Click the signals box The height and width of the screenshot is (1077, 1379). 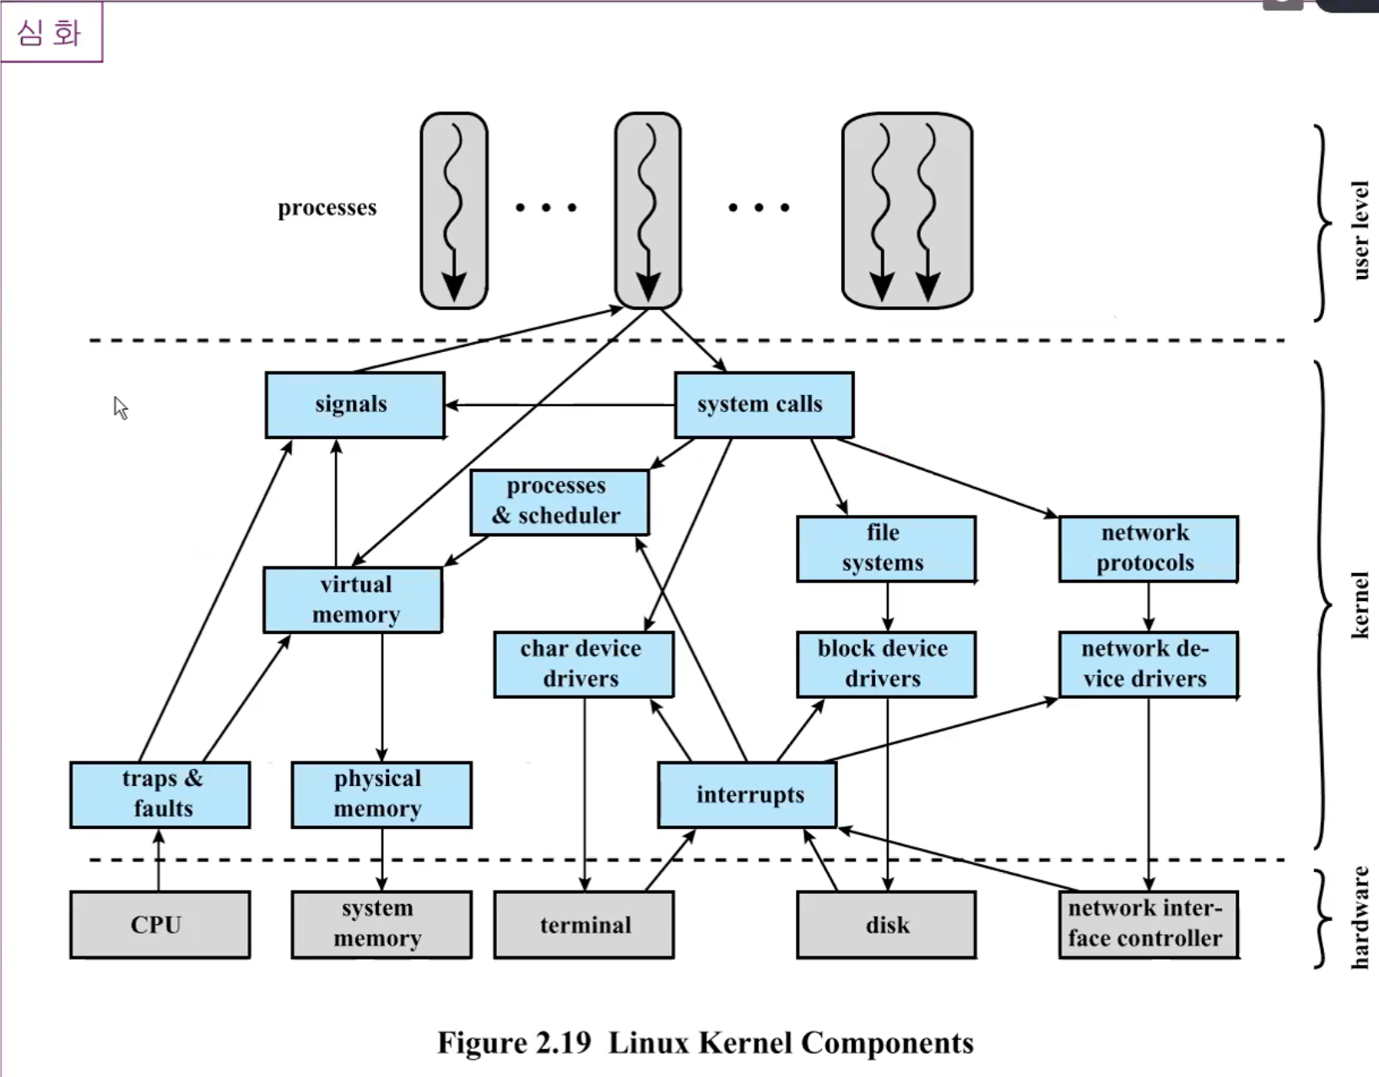pyautogui.click(x=354, y=405)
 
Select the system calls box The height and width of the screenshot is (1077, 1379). pyautogui.click(x=764, y=405)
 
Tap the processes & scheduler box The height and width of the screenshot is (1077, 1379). pyautogui.click(x=559, y=502)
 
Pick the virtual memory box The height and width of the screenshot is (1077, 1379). pyautogui.click(x=353, y=600)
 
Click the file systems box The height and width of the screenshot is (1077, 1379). pyautogui.click(x=886, y=549)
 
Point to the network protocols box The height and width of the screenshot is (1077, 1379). pyautogui.click(x=1149, y=549)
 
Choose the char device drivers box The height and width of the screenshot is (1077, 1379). pyautogui.click(x=583, y=664)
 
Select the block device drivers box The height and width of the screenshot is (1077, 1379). pyautogui.click(x=886, y=664)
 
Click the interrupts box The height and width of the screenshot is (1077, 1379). pyautogui.click(x=747, y=795)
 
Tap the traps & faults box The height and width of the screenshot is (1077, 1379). pyautogui.click(x=160, y=794)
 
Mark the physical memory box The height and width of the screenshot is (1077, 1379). pyautogui.click(x=381, y=794)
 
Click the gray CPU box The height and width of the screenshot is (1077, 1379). pyautogui.click(x=160, y=925)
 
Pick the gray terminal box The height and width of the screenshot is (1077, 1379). pyautogui.click(x=583, y=925)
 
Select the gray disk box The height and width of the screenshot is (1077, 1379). pyautogui.click(x=886, y=925)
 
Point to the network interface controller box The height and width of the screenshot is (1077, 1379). pyautogui.click(x=1149, y=925)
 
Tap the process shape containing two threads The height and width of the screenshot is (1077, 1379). pyautogui.click(x=907, y=210)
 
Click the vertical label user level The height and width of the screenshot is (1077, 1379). pyautogui.click(x=1360, y=230)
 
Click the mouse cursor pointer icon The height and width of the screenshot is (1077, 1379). pyautogui.click(x=120, y=408)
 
